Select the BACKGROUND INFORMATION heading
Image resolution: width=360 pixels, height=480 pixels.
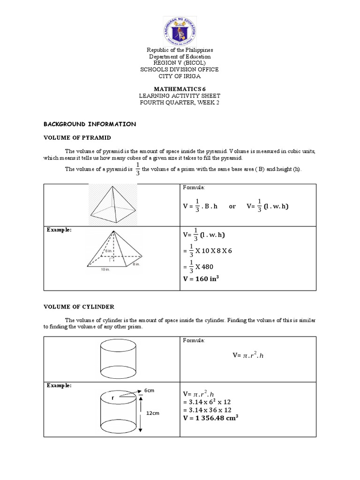[x=90, y=124]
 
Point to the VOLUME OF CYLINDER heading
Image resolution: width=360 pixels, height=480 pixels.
[x=79, y=307]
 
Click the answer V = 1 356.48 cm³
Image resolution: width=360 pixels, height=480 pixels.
[x=211, y=418]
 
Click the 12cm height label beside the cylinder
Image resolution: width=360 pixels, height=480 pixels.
[x=153, y=413]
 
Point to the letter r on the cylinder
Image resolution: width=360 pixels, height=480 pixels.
[x=113, y=397]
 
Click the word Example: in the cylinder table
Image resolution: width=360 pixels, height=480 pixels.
[x=59, y=385]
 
